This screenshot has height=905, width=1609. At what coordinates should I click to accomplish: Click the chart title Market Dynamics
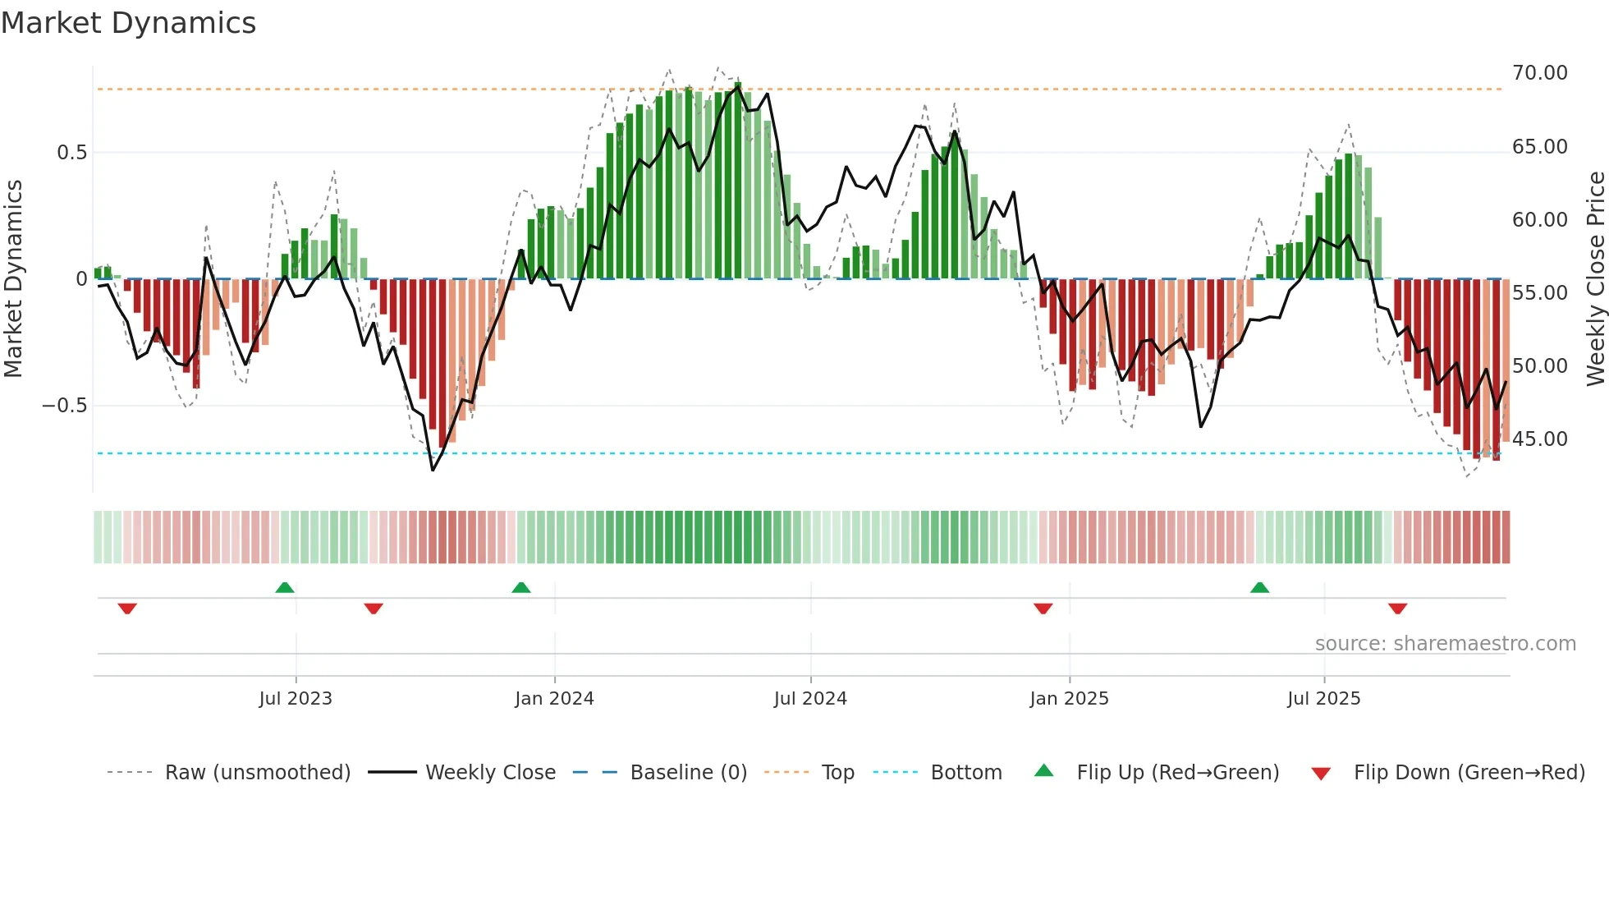point(128,23)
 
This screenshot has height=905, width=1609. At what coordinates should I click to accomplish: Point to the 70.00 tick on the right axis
point(1539,73)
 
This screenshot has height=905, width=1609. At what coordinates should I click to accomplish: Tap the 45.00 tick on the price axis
point(1539,439)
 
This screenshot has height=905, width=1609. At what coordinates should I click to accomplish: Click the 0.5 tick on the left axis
point(71,153)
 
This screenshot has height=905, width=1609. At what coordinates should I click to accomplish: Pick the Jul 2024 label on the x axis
point(809,699)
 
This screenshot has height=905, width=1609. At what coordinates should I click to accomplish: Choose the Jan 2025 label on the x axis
point(1069,699)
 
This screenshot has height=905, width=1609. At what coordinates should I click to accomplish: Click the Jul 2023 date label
point(296,699)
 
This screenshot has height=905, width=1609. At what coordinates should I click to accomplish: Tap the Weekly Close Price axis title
point(1595,279)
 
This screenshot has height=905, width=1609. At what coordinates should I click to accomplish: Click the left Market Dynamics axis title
point(13,279)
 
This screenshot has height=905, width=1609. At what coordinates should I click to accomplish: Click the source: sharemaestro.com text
point(1445,644)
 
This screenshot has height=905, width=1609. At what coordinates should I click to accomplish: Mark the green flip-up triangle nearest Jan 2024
point(520,588)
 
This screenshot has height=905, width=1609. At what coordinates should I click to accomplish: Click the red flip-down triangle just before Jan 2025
point(1043,609)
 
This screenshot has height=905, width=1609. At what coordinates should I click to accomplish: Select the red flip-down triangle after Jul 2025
point(1397,609)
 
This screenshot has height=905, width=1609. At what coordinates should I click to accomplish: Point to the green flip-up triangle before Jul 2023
point(284,588)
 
